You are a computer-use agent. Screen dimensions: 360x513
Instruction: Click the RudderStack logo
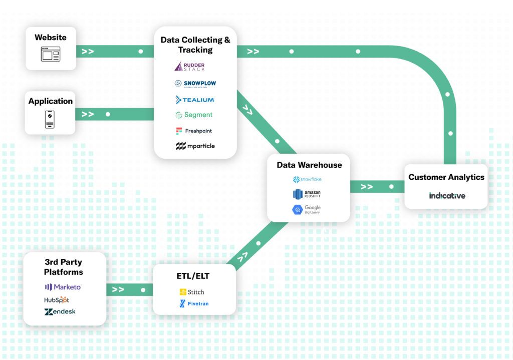click(x=189, y=67)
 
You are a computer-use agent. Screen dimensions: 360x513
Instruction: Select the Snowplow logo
click(x=195, y=84)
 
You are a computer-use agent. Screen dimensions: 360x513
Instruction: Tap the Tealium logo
click(x=195, y=100)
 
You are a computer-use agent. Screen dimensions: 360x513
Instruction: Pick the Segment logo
click(x=194, y=115)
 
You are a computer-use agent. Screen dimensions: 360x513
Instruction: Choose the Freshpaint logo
click(x=194, y=131)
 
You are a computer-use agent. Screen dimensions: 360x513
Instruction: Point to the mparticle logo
click(x=195, y=146)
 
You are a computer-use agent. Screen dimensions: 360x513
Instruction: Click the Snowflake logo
click(x=307, y=179)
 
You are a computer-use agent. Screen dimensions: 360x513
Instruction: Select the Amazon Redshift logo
click(x=307, y=194)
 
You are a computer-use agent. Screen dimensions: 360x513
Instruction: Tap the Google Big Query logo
click(x=307, y=210)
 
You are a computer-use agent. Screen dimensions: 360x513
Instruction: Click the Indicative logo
click(x=447, y=195)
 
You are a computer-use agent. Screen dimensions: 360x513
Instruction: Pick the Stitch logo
click(x=192, y=292)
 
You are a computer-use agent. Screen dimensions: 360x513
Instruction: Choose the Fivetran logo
click(x=193, y=303)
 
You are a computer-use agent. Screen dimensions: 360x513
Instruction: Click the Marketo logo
click(x=63, y=287)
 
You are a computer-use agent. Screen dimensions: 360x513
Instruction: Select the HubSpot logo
click(x=57, y=299)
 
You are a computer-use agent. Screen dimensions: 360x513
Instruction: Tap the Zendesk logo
click(x=60, y=311)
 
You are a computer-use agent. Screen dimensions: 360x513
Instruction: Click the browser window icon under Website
click(x=51, y=54)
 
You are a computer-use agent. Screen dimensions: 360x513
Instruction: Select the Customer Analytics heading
click(x=446, y=177)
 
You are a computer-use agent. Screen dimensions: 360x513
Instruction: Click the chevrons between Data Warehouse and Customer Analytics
click(x=367, y=187)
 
